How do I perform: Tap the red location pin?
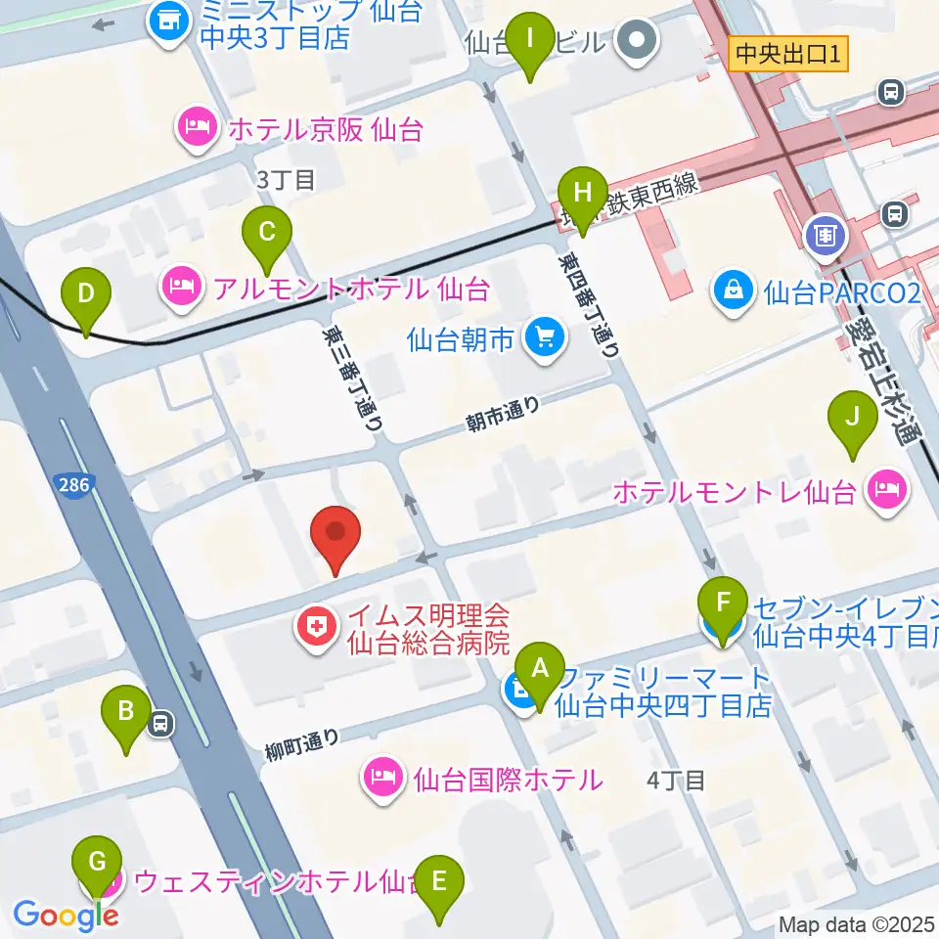[x=335, y=540]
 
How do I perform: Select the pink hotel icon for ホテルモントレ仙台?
[x=888, y=490]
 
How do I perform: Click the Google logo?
[x=65, y=916]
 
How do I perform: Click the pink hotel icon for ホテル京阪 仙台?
[x=197, y=127]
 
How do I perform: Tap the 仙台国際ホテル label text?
[x=507, y=780]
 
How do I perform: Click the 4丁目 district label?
[x=676, y=780]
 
